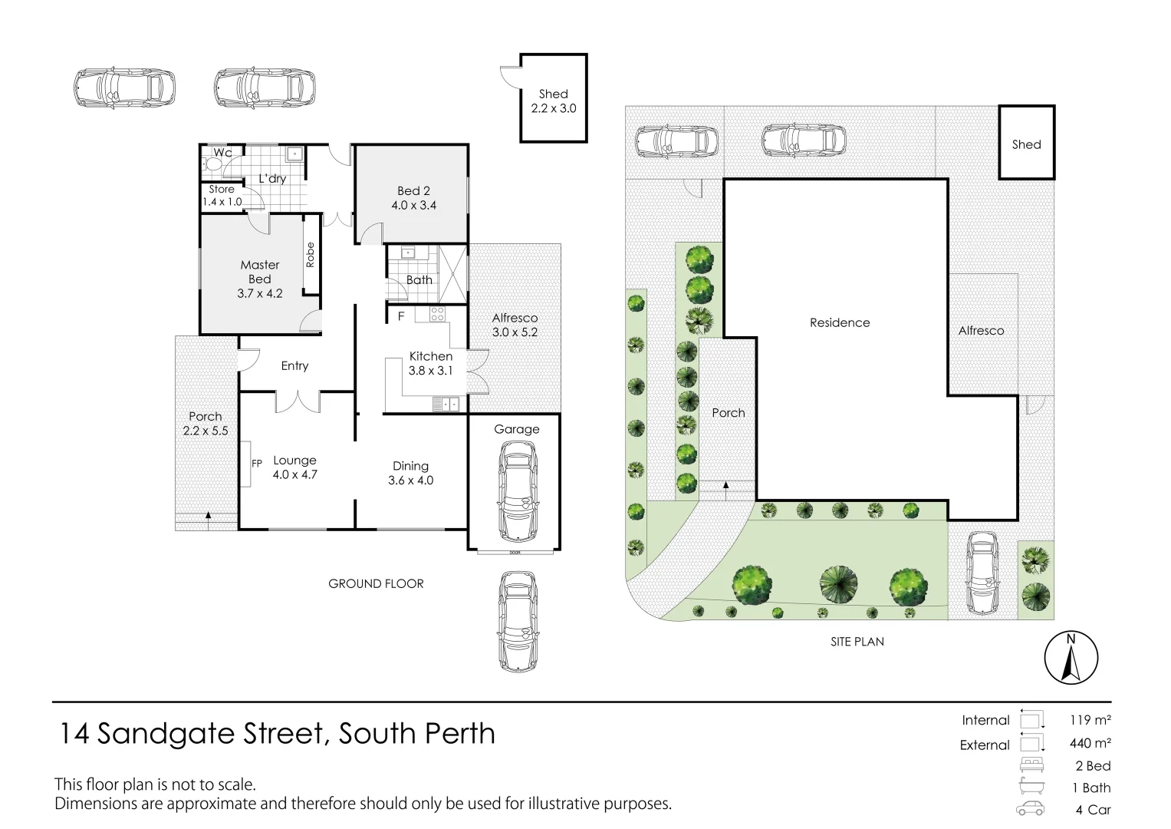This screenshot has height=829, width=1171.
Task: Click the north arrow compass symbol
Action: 1071,658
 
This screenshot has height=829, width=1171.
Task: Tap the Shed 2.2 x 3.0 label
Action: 553,101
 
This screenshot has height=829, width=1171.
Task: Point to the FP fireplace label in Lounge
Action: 257,464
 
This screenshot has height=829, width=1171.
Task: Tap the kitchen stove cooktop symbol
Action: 437,313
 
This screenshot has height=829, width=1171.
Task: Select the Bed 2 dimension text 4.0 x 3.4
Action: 416,205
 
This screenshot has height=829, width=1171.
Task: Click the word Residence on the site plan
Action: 840,322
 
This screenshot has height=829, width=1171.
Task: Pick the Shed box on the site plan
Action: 1026,144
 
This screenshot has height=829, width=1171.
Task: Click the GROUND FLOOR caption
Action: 376,583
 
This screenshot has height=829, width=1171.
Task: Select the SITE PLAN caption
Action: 857,642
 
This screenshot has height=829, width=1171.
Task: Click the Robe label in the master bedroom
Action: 311,255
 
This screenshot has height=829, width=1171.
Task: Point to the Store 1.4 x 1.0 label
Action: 222,195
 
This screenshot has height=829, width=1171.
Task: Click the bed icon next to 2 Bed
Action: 1031,765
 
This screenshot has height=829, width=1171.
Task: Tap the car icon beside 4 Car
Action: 1031,809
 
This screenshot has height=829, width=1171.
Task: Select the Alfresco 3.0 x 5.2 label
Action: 515,325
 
